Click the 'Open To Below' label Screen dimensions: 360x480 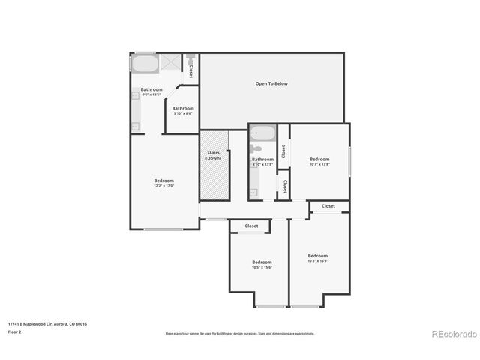click(x=271, y=84)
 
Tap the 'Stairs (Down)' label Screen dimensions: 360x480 click(x=214, y=156)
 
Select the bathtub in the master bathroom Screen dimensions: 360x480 click(x=145, y=63)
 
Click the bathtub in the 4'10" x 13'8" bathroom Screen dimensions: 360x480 click(x=262, y=134)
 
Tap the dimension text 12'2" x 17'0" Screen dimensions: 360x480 click(x=164, y=186)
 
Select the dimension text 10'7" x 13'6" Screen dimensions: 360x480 click(x=319, y=164)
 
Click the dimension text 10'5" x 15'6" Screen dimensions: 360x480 click(x=262, y=267)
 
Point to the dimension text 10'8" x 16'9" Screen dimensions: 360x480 click(x=318, y=261)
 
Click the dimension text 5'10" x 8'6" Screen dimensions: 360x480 click(x=184, y=114)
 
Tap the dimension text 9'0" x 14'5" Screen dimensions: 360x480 click(x=151, y=94)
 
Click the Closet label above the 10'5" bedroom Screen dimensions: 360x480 click(x=251, y=226)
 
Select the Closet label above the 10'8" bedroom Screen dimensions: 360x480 click(x=328, y=206)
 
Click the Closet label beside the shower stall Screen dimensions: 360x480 click(x=191, y=70)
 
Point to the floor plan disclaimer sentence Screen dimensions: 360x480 click(x=240, y=333)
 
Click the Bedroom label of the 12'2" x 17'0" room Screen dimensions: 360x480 click(x=164, y=181)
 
